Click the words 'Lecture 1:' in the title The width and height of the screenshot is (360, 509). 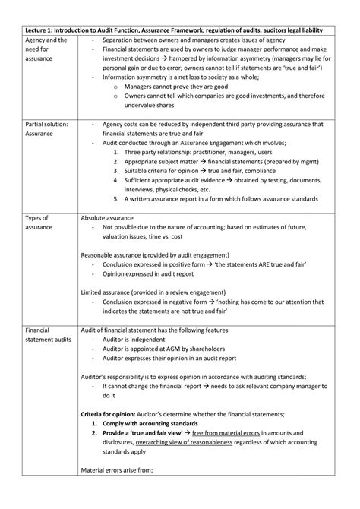(39, 29)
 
